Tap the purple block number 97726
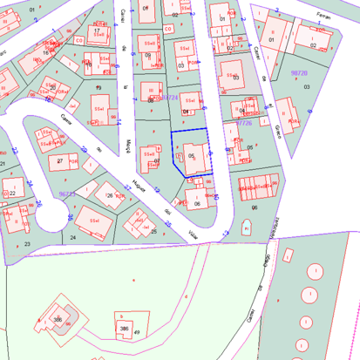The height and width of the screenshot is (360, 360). (x=243, y=123)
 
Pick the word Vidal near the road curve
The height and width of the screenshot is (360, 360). (x=193, y=232)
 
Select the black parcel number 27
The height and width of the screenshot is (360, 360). (x=58, y=161)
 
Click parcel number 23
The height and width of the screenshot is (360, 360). (x=27, y=244)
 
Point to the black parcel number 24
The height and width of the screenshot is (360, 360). (x=72, y=237)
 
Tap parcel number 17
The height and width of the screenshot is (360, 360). (x=97, y=31)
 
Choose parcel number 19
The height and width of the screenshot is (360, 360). (x=98, y=87)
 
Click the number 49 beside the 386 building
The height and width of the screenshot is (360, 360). (x=137, y=332)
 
